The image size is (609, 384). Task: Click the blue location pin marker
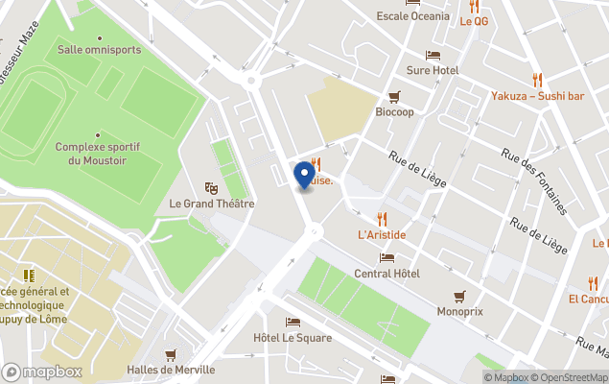pos(305,174)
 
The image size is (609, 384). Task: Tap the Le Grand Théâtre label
pos(211,204)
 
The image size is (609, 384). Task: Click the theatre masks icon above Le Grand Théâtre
pos(211,187)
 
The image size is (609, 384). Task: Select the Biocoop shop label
pos(394,112)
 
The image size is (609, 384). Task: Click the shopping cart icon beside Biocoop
pos(394,96)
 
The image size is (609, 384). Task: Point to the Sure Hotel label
pos(433,70)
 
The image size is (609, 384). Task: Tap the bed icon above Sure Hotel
pos(433,55)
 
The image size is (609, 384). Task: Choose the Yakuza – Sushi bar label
pos(537,96)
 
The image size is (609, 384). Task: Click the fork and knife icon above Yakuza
pos(537,80)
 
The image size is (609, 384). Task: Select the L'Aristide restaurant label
pos(382,234)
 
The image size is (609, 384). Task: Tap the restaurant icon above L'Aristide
pos(382,218)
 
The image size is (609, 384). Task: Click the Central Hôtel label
pos(386,274)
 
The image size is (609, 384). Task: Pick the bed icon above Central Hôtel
pos(386,257)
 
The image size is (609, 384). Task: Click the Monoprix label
pos(460,312)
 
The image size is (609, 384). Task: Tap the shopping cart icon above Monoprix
pos(460,297)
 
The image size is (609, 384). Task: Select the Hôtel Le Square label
pos(293,338)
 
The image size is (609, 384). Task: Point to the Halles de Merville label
pos(171,371)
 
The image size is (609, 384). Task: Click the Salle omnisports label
pos(99,49)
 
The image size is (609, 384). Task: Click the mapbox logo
pos(41,372)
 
